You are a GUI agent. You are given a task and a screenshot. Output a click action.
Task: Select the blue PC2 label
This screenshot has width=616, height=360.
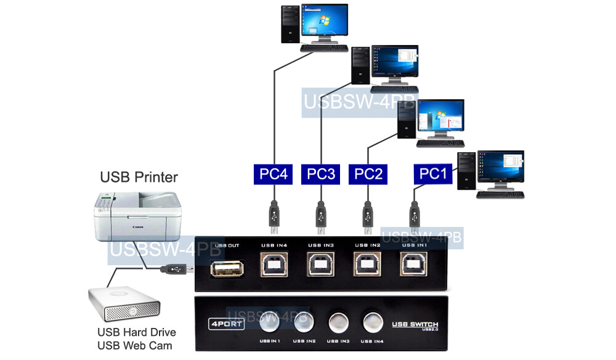click(368, 174)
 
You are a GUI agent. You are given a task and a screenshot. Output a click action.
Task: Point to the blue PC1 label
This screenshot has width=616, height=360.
click(433, 174)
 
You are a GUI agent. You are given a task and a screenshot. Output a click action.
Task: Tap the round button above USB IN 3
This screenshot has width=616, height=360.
click(337, 321)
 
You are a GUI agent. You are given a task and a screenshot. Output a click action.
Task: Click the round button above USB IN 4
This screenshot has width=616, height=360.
click(372, 321)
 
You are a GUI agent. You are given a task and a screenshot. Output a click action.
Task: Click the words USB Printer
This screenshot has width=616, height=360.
click(139, 178)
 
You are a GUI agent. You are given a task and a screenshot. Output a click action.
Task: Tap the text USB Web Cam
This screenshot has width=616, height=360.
click(134, 346)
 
